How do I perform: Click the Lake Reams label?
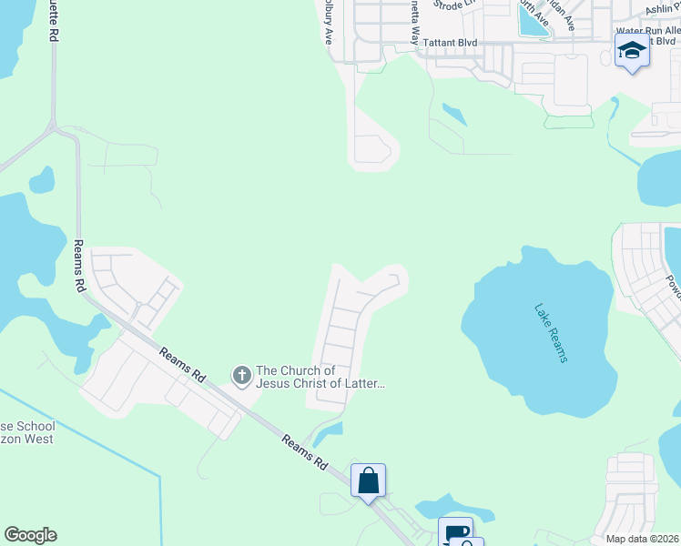tap(551, 333)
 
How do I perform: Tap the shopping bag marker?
tap(369, 480)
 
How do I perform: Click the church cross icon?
tap(241, 375)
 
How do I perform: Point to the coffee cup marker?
tap(454, 532)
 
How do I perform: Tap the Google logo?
tap(30, 535)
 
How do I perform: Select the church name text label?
tap(320, 377)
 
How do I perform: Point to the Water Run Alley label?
tap(647, 30)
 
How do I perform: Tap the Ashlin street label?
tap(663, 9)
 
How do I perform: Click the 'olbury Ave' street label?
tap(328, 21)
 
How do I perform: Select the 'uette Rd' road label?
tap(55, 20)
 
